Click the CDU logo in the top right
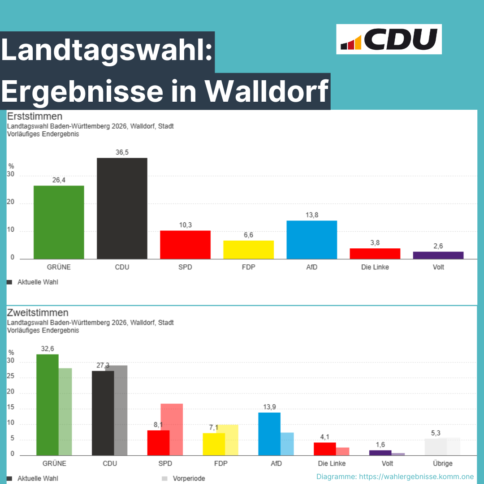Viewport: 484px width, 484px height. click(x=389, y=39)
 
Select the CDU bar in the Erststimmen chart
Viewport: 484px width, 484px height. click(x=122, y=208)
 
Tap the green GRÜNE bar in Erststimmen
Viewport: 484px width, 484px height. click(x=59, y=222)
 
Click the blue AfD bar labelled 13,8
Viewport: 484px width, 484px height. click(x=311, y=240)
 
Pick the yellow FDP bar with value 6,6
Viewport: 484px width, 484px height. click(x=248, y=250)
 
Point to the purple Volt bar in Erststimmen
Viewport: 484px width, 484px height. click(x=438, y=255)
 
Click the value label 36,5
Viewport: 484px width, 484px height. click(x=122, y=152)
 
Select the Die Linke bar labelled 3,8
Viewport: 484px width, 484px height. click(x=375, y=254)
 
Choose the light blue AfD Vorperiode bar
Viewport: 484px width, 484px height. click(x=287, y=444)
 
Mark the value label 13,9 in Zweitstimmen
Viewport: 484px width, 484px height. click(x=269, y=407)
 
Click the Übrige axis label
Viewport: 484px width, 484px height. click(x=443, y=463)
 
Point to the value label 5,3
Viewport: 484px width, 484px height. click(x=435, y=433)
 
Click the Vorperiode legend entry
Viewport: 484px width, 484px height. click(x=189, y=478)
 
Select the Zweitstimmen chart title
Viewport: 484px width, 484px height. click(x=38, y=313)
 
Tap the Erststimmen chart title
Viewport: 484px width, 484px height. click(x=35, y=117)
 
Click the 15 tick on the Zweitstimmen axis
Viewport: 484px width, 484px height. click(x=10, y=408)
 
